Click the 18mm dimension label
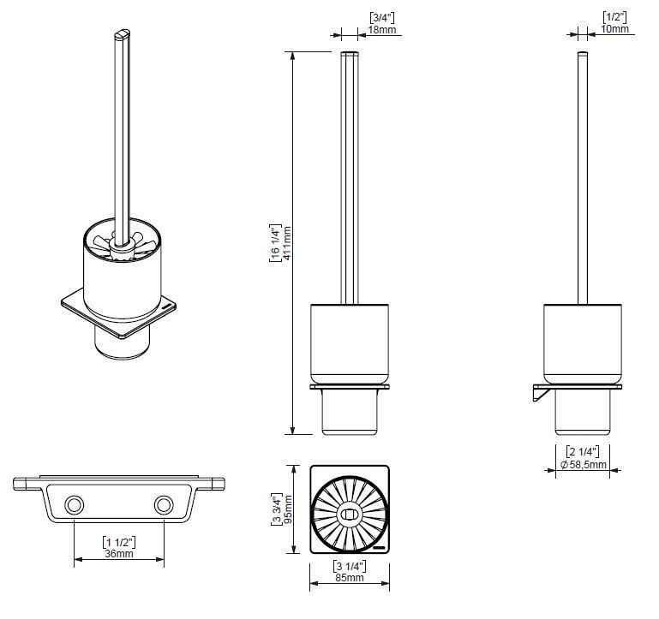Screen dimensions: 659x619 382,30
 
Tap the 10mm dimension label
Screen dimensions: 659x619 615,28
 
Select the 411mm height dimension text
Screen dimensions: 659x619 287,243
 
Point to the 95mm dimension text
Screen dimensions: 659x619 289,509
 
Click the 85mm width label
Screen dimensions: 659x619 350,578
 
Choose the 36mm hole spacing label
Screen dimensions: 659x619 119,553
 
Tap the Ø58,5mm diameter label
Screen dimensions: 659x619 584,464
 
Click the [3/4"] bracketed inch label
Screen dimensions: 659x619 382,18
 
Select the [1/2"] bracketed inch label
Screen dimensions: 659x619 615,17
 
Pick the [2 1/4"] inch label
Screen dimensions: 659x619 583,452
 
